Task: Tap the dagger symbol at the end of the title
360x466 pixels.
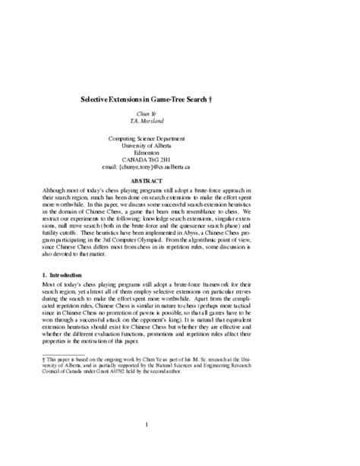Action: tap(265, 100)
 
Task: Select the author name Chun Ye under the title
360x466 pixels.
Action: tap(179, 113)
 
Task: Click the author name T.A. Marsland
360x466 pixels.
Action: tap(179, 121)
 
